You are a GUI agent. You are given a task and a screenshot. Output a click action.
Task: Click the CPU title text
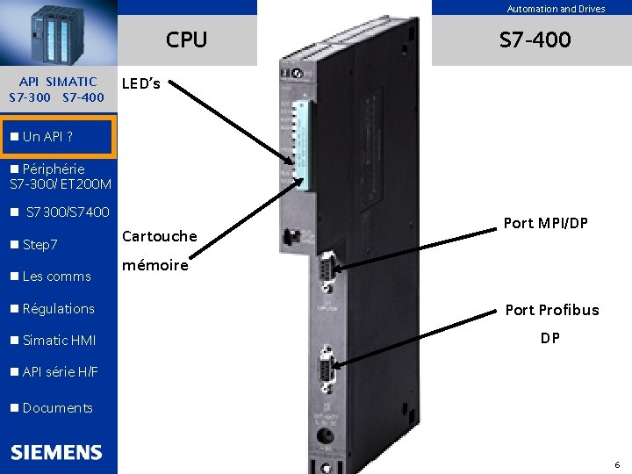coord(186,39)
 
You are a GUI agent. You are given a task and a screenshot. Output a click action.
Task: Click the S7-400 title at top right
coord(535,39)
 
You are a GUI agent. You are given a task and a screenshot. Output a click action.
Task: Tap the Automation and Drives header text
coord(556,9)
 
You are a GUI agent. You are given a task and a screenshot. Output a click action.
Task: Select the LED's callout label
coord(140,84)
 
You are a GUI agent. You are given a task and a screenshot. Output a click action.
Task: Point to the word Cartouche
coord(160,235)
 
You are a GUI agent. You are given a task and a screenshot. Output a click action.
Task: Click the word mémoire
coord(154,265)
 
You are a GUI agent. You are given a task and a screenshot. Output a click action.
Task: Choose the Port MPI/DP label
coord(544,223)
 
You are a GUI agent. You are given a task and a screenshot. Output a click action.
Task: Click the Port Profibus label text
coord(551,309)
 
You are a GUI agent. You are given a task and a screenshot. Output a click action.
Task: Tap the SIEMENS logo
coord(57,452)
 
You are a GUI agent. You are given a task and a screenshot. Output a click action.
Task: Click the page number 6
coord(616,464)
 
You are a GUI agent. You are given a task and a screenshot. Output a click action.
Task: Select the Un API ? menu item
coord(48,137)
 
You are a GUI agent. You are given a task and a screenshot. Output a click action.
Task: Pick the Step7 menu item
coord(39,244)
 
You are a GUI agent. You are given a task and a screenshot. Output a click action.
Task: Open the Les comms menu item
coord(56,276)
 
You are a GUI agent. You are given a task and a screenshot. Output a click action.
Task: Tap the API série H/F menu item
coord(60,372)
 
